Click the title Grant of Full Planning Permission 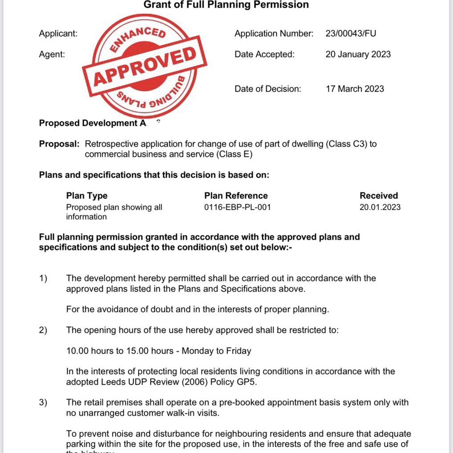click(226, 5)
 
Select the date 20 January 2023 click(358, 54)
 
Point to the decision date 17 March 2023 click(355, 89)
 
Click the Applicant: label click(58, 33)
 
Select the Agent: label click(52, 54)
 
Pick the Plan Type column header click(87, 196)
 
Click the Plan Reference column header click(236, 196)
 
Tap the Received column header click(379, 196)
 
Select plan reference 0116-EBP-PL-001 click(237, 207)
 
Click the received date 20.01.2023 click(380, 207)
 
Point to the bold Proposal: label click(59, 144)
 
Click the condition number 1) click(43, 279)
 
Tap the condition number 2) click(43, 330)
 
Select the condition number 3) click(43, 403)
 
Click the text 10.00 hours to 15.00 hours click(120, 351)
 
